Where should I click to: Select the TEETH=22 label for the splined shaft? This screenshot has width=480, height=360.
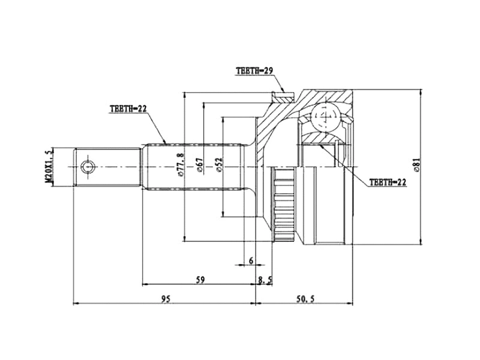tap(128, 109)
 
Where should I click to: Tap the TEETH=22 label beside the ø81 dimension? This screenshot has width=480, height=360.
tap(387, 182)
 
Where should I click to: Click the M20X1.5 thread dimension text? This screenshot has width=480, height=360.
tap(49, 166)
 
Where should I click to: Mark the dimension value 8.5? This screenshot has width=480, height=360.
tap(265, 279)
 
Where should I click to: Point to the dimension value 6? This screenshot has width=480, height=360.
tap(251, 260)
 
